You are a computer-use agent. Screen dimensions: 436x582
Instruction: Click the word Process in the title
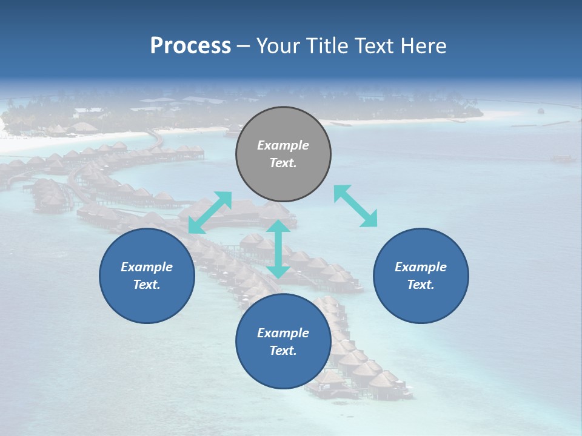coord(190,46)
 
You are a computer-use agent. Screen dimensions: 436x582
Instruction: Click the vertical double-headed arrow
coord(278,249)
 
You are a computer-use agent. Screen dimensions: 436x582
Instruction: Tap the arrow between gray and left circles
coord(210,213)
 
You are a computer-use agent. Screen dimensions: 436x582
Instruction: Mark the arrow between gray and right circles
coord(356,206)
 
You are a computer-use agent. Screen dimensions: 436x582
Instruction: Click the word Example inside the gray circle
coord(283,145)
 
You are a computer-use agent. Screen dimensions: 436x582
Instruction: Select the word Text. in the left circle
coord(147,285)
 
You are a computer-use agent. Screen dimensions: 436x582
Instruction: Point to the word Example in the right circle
coord(421,267)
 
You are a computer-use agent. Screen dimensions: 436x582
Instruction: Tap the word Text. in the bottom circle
coord(283,351)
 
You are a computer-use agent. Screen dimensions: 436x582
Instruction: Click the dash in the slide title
coord(244,46)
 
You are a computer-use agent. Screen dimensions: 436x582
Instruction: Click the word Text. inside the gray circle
coord(283,163)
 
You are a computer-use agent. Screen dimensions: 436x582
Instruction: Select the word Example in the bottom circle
coord(283,333)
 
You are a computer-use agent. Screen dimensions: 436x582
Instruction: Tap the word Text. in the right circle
coord(421,285)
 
